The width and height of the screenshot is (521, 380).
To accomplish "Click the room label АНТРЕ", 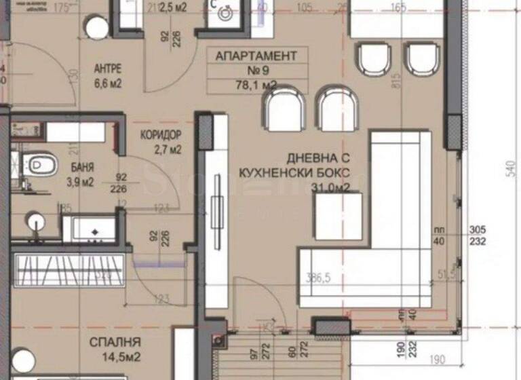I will tap(107, 69).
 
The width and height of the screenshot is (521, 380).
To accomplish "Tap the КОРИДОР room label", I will tap(161, 135).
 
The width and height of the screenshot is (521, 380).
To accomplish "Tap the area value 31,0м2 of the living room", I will tap(330, 188).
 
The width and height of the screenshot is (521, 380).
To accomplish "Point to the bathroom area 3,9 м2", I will tap(81, 180).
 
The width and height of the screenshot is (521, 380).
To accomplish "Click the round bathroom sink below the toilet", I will tap(35, 221).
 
